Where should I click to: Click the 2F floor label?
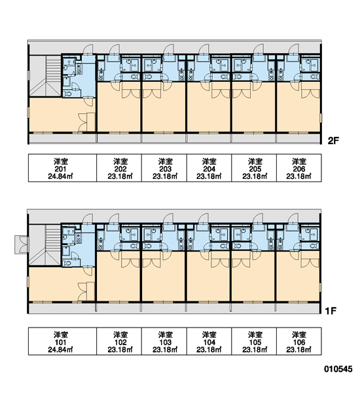[x=333, y=141]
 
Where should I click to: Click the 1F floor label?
[x=331, y=311]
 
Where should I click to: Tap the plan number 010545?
[x=338, y=369]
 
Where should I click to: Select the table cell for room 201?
[x=62, y=168]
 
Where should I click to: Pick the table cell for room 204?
[x=209, y=168]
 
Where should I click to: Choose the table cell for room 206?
[x=299, y=168]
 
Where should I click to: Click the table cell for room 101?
[x=62, y=341]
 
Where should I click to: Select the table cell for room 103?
[x=164, y=341]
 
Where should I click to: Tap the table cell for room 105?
[x=254, y=341]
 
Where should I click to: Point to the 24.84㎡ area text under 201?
[x=60, y=176]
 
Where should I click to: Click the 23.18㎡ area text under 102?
[x=120, y=349]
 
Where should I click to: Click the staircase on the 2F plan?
[x=45, y=75]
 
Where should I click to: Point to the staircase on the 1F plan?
[x=45, y=245]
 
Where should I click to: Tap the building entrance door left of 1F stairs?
[x=22, y=244]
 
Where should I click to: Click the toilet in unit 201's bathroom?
[x=67, y=94]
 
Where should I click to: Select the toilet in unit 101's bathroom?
[x=67, y=263]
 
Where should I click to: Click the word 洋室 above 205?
[x=255, y=161]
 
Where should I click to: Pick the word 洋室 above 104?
[x=209, y=335]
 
